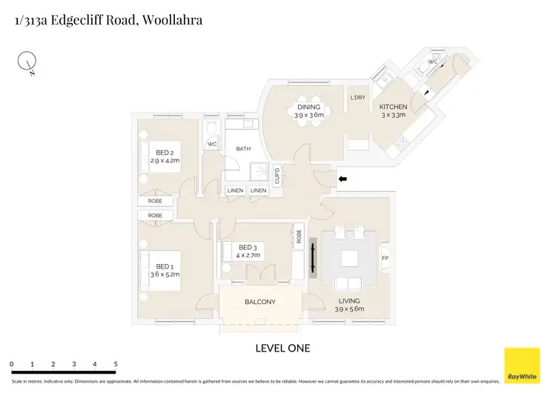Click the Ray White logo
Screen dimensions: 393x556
point(522,365)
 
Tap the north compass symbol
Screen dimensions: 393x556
point(27,63)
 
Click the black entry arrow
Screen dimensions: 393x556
point(342,179)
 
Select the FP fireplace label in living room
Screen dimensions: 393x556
point(384,259)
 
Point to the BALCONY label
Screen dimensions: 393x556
point(260,302)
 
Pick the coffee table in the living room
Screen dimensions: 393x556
point(348,259)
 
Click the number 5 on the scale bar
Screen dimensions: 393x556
point(116,365)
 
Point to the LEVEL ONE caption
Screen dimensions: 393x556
point(282,348)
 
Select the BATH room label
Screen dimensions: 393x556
point(243,149)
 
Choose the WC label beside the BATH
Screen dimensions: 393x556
point(211,144)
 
